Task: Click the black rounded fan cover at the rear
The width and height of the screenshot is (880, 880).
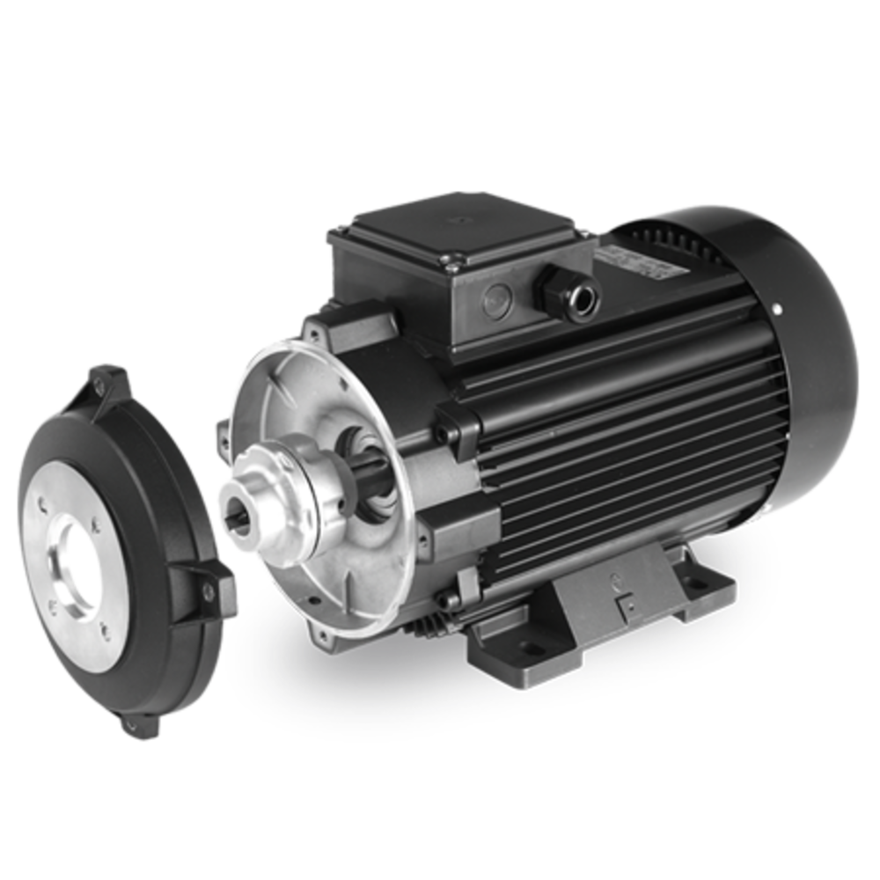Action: click(x=792, y=352)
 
